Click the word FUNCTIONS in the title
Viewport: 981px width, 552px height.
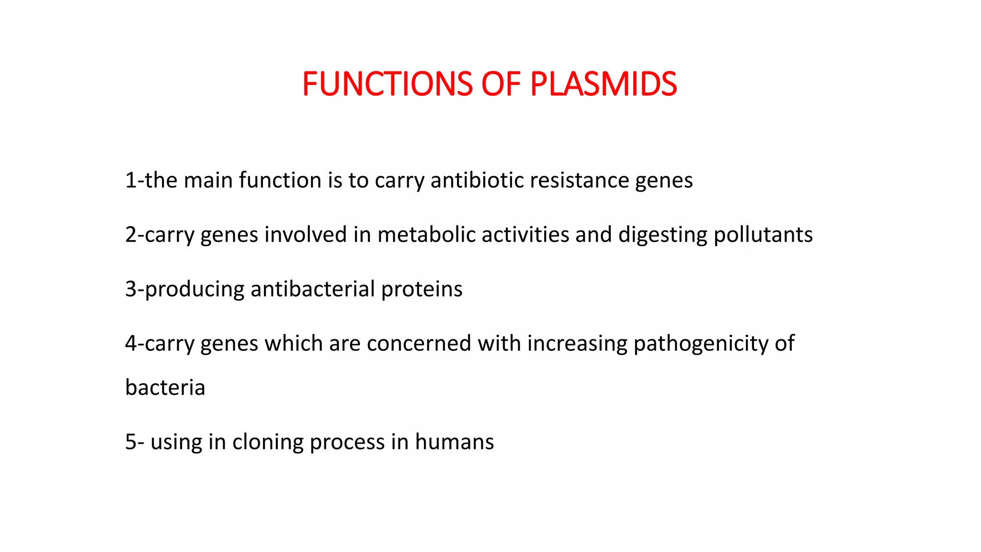pyautogui.click(x=388, y=84)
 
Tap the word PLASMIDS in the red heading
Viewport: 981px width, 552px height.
pyautogui.click(x=604, y=84)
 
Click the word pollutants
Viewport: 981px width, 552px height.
pyautogui.click(x=763, y=235)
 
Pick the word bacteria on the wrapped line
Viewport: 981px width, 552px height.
pyautogui.click(x=165, y=387)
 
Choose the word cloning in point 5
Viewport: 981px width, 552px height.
pyautogui.click(x=268, y=442)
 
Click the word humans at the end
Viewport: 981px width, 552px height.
pyautogui.click(x=454, y=442)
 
